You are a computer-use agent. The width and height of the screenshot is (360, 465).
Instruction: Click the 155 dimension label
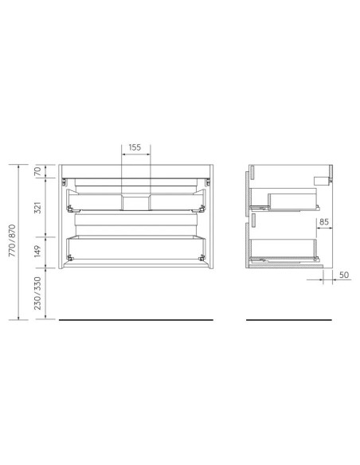(x=134, y=148)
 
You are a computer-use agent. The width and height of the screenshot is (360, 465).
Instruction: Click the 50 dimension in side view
(x=343, y=275)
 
